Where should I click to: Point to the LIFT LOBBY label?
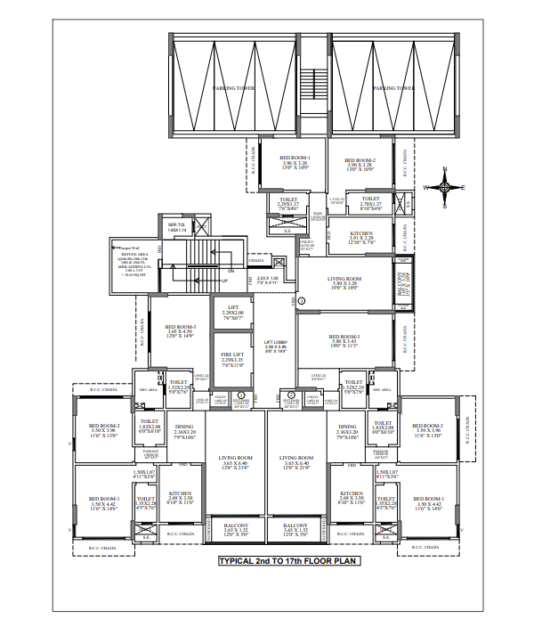click(274, 345)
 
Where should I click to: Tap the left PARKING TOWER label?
click(234, 89)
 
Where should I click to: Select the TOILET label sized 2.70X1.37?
click(371, 202)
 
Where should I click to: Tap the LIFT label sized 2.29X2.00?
click(233, 311)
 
